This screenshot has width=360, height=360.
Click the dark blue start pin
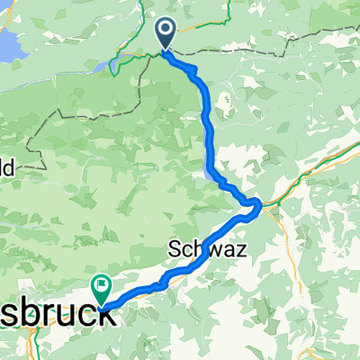tap(167, 33)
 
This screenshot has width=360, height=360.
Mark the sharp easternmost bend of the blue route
tap(259, 207)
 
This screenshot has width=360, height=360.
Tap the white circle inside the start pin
tap(167, 30)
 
